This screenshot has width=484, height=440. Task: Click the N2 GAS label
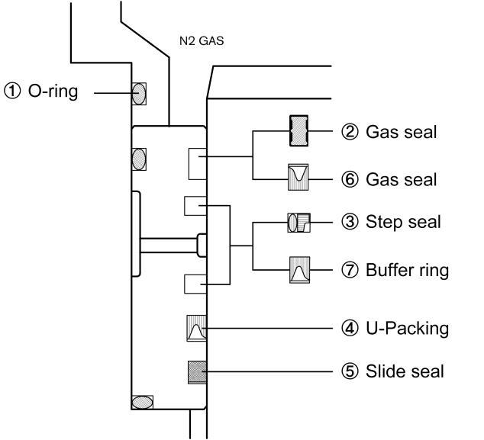point(202,41)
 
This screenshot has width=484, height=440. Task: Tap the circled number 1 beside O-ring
point(12,92)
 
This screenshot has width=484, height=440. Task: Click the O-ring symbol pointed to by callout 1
point(139,94)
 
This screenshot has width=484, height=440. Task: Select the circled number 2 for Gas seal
point(350,132)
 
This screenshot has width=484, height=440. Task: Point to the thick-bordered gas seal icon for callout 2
point(298,130)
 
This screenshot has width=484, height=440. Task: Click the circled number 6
point(350,179)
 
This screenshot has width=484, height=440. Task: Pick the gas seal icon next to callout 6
point(298,177)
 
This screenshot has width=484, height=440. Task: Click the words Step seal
point(403,223)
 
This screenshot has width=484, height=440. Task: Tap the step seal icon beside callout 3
point(298,223)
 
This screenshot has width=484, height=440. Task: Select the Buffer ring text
point(407,270)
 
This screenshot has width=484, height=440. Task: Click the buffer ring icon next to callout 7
point(299,270)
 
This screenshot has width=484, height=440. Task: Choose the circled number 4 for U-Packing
point(350,328)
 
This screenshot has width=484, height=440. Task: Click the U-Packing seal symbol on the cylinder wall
point(197,328)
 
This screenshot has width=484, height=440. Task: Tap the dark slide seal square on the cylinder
point(197,372)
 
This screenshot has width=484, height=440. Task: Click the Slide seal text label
point(405,371)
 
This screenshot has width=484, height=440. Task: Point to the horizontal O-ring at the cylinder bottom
point(142,403)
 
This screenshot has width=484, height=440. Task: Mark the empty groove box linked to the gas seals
point(198,164)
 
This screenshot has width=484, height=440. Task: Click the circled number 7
point(350,270)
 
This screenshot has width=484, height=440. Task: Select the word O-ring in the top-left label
point(53,92)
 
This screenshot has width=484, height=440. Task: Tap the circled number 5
point(350,371)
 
